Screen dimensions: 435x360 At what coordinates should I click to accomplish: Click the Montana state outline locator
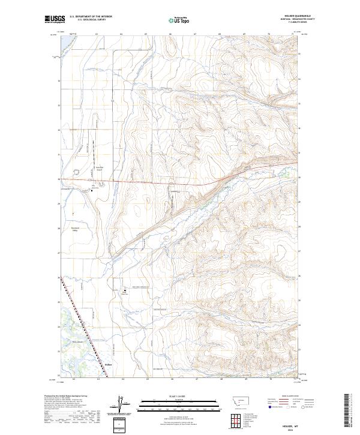point(234,399)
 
